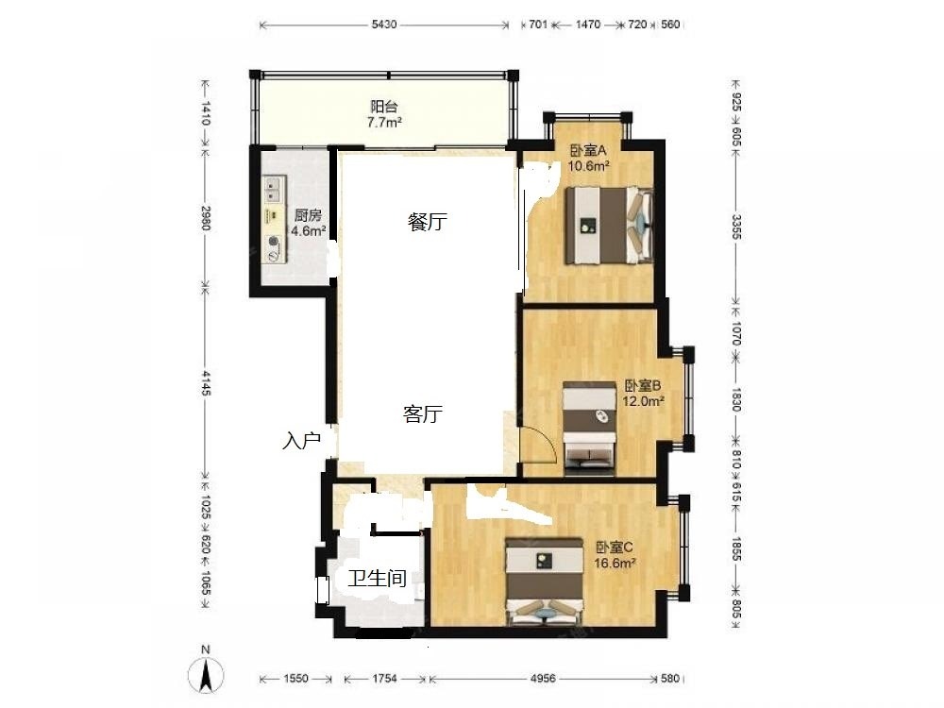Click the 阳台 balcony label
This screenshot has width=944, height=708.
pyautogui.click(x=383, y=108)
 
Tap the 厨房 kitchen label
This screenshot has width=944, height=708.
pyautogui.click(x=308, y=215)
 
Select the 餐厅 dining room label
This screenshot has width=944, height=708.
pyautogui.click(x=428, y=222)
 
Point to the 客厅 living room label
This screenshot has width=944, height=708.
pyautogui.click(x=423, y=414)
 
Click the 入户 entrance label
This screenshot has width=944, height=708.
pyautogui.click(x=301, y=441)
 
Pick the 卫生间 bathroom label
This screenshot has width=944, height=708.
pyautogui.click(x=378, y=579)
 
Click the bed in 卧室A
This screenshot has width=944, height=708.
pyautogui.click(x=609, y=226)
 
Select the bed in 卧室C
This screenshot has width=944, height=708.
pyautogui.click(x=545, y=582)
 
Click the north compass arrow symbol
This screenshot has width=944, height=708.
pyautogui.click(x=206, y=675)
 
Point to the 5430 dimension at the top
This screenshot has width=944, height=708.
pyautogui.click(x=384, y=25)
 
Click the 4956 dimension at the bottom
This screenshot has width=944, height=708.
pyautogui.click(x=543, y=679)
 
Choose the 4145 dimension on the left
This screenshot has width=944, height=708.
pyautogui.click(x=207, y=383)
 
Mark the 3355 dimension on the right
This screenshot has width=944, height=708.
pyautogui.click(x=735, y=227)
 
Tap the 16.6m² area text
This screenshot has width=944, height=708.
pyautogui.click(x=615, y=564)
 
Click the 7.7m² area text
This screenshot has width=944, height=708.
pyautogui.click(x=384, y=123)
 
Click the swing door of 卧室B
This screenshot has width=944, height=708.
pyautogui.click(x=539, y=444)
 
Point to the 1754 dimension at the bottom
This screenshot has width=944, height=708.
pyautogui.click(x=384, y=679)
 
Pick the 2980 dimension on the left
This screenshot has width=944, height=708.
pyautogui.click(x=207, y=217)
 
